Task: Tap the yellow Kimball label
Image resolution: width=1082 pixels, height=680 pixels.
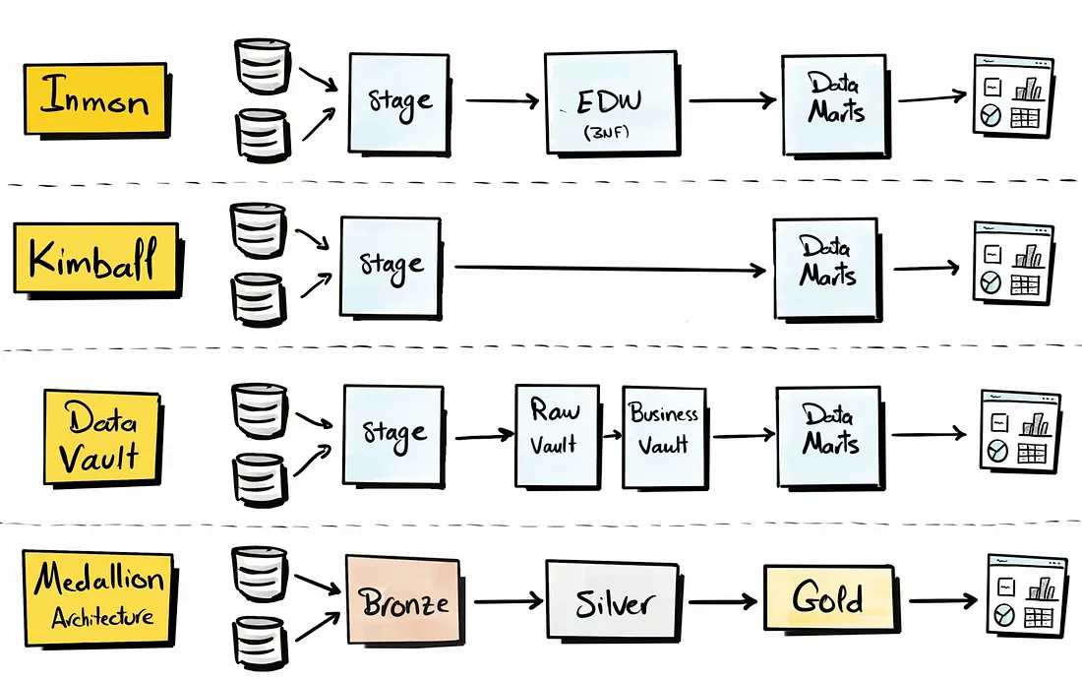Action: coord(94,259)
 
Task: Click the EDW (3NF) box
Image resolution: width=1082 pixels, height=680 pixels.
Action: coord(611,102)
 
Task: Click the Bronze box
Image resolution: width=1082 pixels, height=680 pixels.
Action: coord(403,600)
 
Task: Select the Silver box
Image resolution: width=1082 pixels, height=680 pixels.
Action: coord(612,600)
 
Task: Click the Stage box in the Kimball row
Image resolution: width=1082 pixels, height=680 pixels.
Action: coord(391,266)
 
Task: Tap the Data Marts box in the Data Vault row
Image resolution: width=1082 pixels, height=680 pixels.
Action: coord(829,434)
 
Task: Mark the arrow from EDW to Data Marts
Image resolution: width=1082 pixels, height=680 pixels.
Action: coord(733,99)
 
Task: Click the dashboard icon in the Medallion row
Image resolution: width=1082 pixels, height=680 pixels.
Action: coord(1026,595)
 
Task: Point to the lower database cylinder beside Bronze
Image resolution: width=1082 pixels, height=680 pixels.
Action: coord(260,640)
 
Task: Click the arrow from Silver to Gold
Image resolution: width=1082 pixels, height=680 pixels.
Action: coord(724,601)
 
